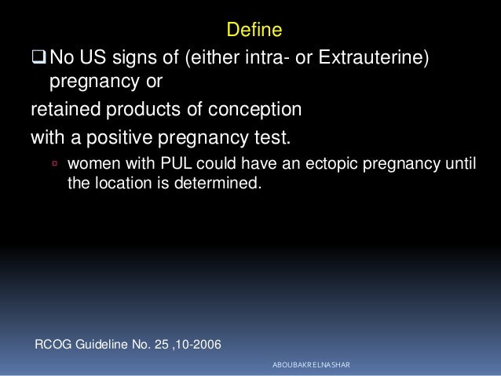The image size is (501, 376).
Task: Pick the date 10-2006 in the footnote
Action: tap(195, 342)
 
